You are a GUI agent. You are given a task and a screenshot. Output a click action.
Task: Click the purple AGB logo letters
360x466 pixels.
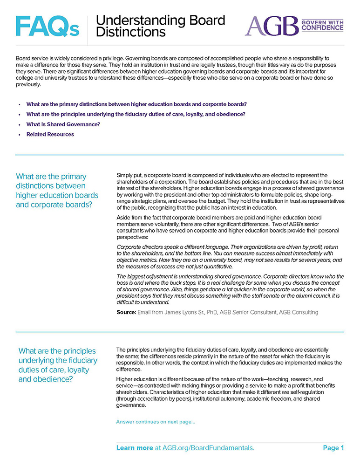[x=271, y=26]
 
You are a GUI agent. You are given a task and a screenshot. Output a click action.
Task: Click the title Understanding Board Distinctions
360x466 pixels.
[x=160, y=26]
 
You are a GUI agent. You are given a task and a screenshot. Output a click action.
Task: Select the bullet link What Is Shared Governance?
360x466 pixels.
[x=63, y=124]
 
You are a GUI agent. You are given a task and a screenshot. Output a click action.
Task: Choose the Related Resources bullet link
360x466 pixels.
[x=50, y=134]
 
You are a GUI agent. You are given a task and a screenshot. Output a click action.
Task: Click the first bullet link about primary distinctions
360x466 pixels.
[x=136, y=104]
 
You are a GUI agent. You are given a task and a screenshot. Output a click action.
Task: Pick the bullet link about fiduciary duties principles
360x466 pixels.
[x=136, y=114]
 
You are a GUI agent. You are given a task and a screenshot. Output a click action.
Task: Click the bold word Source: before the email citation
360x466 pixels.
[x=126, y=312]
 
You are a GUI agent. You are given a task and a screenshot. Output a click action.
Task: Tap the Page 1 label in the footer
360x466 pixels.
[x=333, y=448]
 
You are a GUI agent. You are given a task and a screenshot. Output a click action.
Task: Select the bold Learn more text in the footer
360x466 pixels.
[x=135, y=448]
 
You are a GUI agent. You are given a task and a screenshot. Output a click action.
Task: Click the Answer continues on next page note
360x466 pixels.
[x=156, y=422]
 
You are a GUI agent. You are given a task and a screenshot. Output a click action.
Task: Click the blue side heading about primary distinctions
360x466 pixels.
[x=57, y=190]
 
